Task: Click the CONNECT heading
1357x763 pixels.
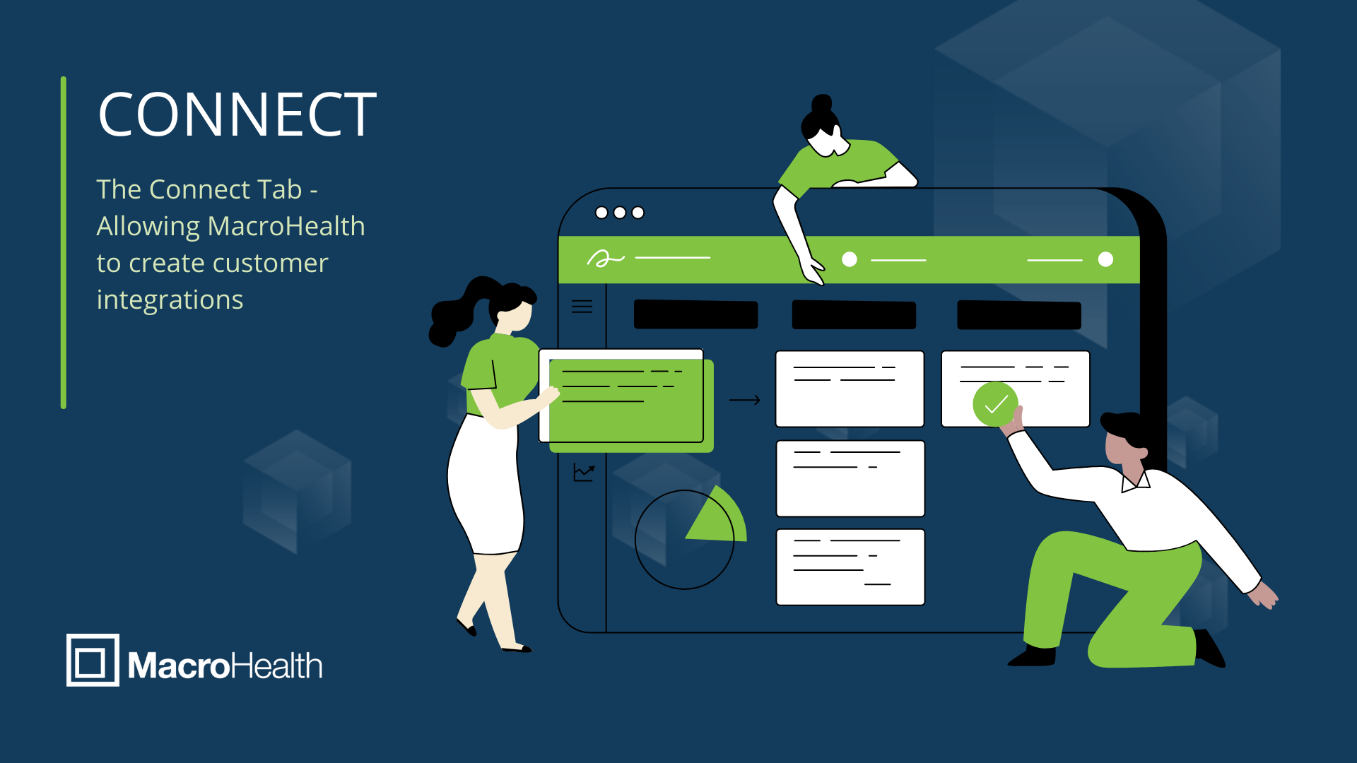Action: coord(237,114)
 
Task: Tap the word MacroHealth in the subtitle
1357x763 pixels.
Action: coord(286,226)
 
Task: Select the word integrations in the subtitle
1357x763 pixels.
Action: coord(170,300)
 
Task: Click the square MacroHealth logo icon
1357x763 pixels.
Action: coord(93,660)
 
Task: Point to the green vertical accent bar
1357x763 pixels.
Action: coord(64,242)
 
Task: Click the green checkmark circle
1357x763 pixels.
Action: coord(995,404)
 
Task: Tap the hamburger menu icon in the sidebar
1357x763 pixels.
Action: coord(582,307)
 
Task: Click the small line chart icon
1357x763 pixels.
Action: coord(584,472)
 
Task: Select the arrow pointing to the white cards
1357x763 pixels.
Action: coord(744,400)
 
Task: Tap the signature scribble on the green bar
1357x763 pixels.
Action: coord(605,259)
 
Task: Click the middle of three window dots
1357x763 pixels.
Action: coord(620,213)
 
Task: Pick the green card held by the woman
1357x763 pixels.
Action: coord(631,406)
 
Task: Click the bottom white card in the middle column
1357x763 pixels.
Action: coord(850,567)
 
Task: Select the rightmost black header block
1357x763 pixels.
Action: coord(1019,315)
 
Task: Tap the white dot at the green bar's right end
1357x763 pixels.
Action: coord(1106,259)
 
